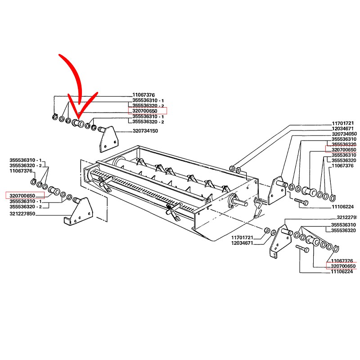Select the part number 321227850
(x=23, y=214)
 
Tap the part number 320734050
(x=344, y=134)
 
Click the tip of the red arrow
(x=79, y=113)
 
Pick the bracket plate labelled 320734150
(x=107, y=139)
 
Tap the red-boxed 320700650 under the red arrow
(x=148, y=110)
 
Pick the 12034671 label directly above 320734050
(x=344, y=129)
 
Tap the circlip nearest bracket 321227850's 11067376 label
(x=33, y=181)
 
